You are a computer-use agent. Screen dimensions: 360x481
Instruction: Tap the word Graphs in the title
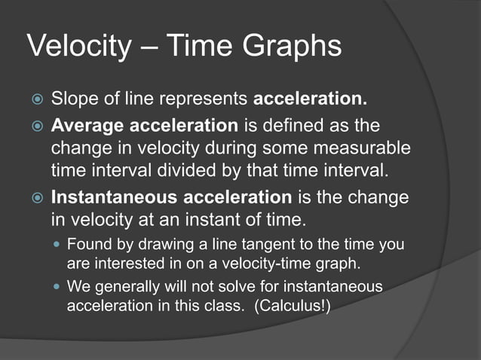click(292, 48)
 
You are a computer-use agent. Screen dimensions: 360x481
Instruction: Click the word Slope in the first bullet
click(75, 99)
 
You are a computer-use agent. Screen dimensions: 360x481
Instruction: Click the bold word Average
click(85, 124)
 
